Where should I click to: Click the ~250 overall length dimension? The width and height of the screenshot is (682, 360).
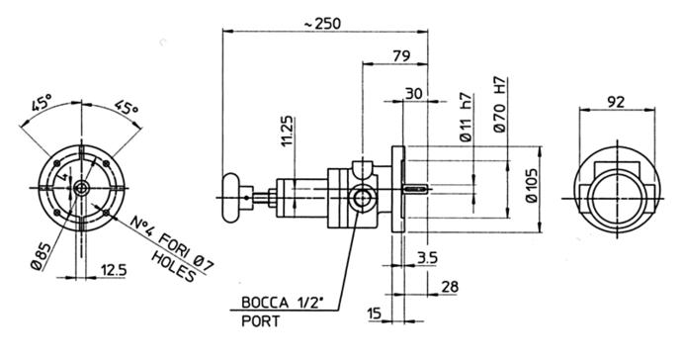(x=322, y=24)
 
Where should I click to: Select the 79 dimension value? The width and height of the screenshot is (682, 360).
(x=401, y=56)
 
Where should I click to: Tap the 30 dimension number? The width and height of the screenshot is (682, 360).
(x=413, y=93)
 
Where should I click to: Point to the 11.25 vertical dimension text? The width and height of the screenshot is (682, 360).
(x=288, y=132)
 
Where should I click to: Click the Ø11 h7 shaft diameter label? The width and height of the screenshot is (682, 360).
(x=466, y=117)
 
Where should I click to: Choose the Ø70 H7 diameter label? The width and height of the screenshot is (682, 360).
(x=500, y=105)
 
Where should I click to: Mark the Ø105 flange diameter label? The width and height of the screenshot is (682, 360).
(x=532, y=186)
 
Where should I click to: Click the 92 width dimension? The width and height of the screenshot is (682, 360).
(x=616, y=102)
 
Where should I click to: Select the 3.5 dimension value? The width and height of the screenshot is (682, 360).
(x=427, y=258)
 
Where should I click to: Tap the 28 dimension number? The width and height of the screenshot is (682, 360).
(x=450, y=287)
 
